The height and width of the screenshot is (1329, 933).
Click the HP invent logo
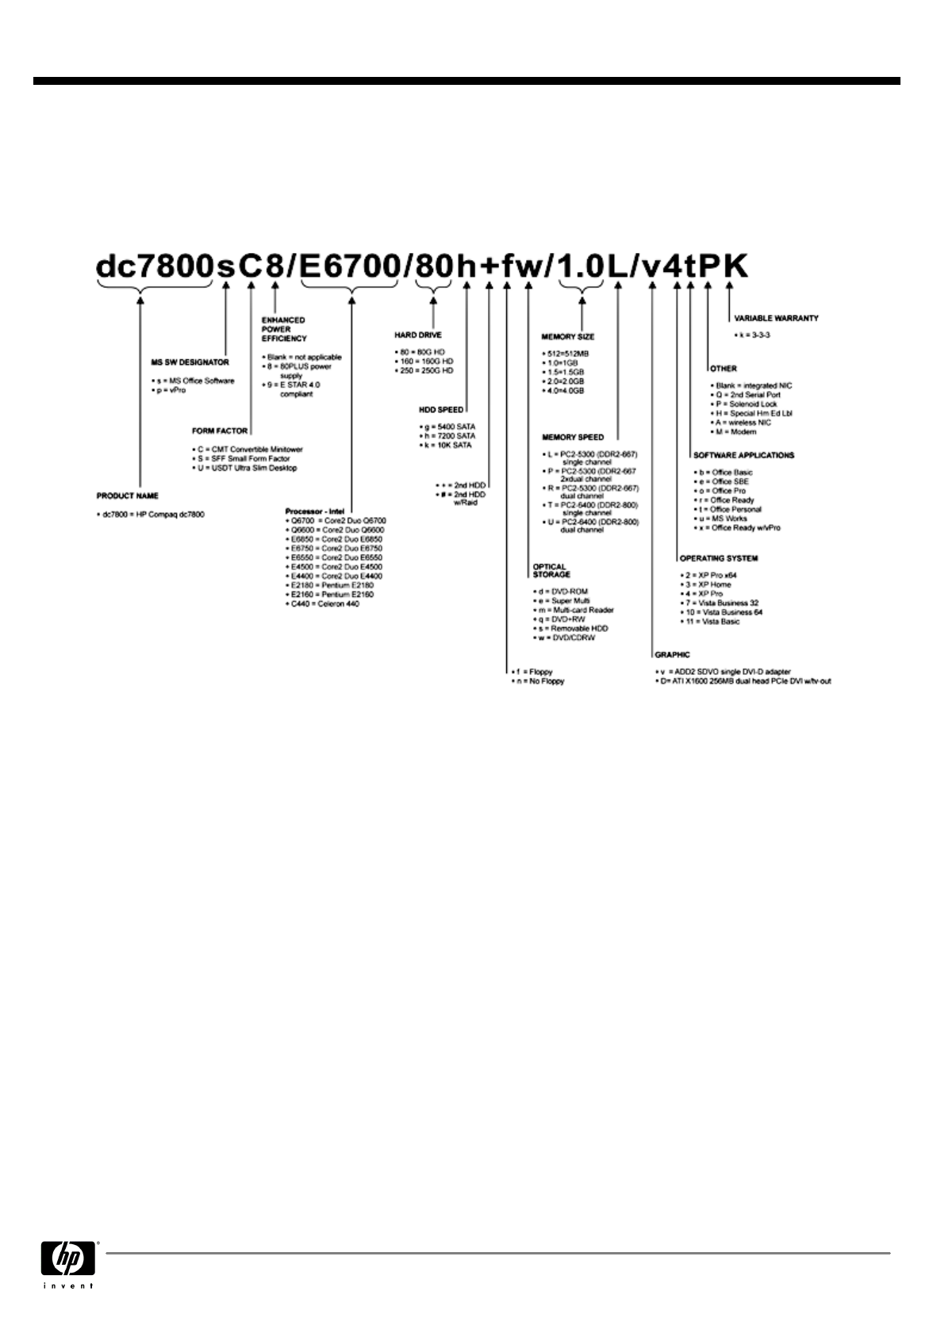68,1262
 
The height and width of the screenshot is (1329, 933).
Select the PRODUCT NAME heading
128,496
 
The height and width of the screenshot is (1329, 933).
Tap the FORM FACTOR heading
220,431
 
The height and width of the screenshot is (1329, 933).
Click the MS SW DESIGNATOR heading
190,362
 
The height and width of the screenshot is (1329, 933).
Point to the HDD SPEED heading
441,410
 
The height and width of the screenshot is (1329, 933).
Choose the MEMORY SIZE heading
568,337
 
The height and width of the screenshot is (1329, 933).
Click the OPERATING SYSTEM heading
719,558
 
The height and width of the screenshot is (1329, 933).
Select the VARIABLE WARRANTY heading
776,318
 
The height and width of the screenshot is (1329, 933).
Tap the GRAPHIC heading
672,655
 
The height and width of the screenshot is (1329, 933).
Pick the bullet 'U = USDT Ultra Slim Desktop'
247,468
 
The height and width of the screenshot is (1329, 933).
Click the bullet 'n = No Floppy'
539,681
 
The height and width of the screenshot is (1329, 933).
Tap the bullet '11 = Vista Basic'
710,622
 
